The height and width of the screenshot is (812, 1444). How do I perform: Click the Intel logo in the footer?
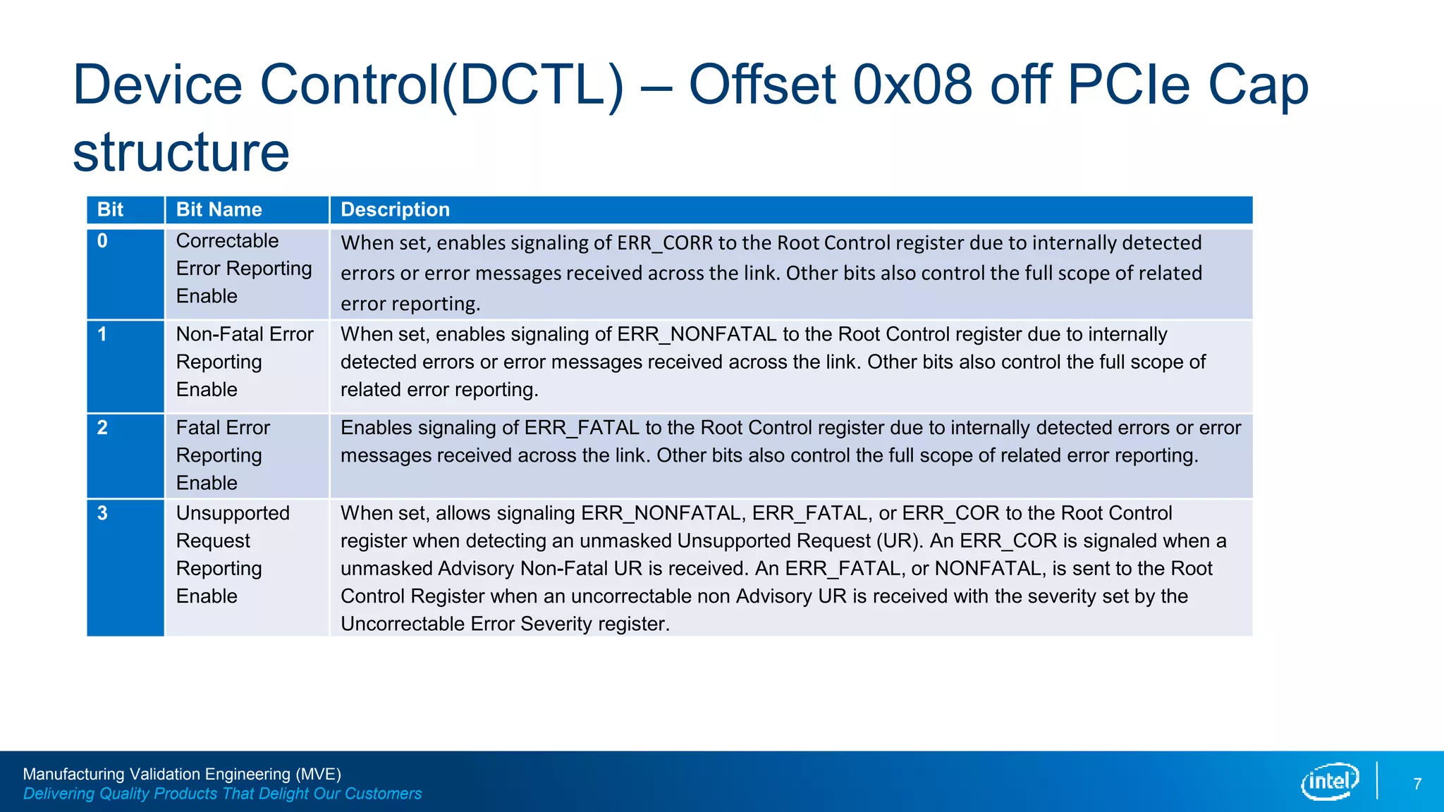coord(1329,781)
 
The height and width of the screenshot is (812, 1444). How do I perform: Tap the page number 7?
coord(1417,784)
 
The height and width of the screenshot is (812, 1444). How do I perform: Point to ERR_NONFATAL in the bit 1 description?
coord(697,334)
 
